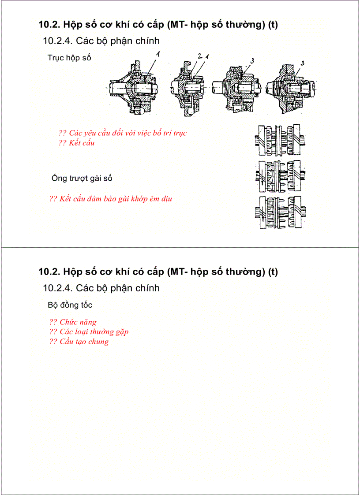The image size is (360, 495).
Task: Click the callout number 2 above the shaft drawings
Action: tap(199, 56)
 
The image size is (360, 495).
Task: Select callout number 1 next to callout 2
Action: tap(206, 56)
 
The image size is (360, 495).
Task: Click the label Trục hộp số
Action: tap(69, 58)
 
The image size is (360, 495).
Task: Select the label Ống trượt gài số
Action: tap(82, 178)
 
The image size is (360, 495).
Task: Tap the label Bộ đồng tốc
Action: tap(70, 305)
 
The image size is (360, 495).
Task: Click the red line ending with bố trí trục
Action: tap(123, 133)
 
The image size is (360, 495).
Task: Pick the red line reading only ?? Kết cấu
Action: tap(76, 143)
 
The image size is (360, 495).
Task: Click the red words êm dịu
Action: tap(161, 199)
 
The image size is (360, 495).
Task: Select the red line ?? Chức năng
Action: tap(73, 322)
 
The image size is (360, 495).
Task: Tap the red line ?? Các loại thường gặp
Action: tap(89, 331)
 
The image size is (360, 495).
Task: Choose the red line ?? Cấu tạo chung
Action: tap(79, 342)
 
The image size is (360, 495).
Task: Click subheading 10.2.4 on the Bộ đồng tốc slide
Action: tap(101, 288)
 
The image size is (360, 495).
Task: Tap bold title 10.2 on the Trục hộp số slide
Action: tap(158, 24)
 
